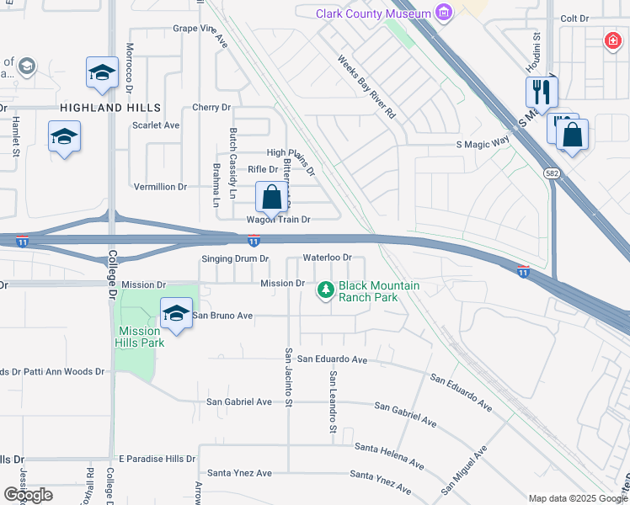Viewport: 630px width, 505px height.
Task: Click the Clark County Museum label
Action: coord(373,13)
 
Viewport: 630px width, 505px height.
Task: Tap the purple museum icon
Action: coord(444,13)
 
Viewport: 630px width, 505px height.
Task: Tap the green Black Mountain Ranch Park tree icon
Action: coord(325,290)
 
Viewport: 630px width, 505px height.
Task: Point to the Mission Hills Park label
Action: coord(139,337)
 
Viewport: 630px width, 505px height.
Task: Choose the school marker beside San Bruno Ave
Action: coord(175,314)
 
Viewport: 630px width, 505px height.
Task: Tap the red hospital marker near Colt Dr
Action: coord(612,40)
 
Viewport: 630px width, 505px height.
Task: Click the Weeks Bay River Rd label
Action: coord(366,87)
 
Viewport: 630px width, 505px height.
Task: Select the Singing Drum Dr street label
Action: coord(235,258)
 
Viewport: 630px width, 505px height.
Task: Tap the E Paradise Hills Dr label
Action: coord(157,459)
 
